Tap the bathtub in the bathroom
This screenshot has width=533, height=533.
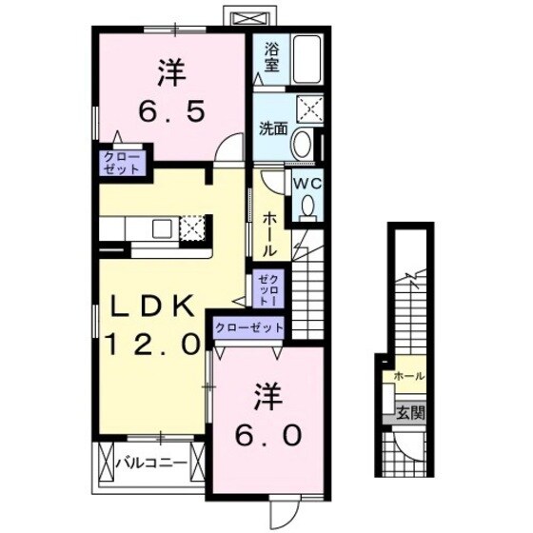pyautogui.click(x=306, y=60)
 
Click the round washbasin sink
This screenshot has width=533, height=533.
pyautogui.click(x=303, y=144)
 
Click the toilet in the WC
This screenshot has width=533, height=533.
pyautogui.click(x=306, y=208)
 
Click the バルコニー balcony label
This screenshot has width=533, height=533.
pyautogui.click(x=149, y=464)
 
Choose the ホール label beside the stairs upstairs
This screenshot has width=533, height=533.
pyautogui.click(x=269, y=232)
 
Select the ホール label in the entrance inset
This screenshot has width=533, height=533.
pyautogui.click(x=409, y=375)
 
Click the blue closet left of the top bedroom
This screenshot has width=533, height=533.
pyautogui.click(x=121, y=162)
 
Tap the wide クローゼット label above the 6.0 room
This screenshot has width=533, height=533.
pyautogui.click(x=249, y=327)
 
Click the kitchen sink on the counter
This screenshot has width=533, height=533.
pyautogui.click(x=160, y=227)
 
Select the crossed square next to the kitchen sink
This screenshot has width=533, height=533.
pyautogui.click(x=192, y=228)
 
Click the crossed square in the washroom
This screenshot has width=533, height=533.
pyautogui.click(x=310, y=108)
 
